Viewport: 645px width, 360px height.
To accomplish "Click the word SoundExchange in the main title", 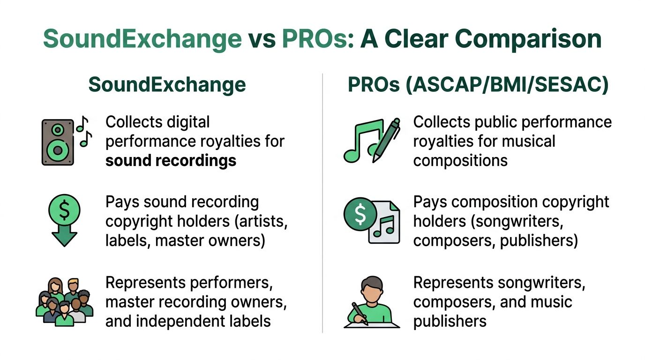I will (142, 39).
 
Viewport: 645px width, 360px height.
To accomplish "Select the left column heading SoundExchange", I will (167, 85).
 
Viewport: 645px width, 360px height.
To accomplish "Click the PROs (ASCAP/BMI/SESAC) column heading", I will (478, 85).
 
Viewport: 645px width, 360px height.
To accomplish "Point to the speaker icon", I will (58, 142).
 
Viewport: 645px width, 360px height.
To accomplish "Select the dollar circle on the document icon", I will (360, 214).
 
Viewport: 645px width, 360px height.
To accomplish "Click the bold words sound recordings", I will (171, 161).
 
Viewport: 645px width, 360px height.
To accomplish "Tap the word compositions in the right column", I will (460, 161).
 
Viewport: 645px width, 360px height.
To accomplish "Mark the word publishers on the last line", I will (450, 321).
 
